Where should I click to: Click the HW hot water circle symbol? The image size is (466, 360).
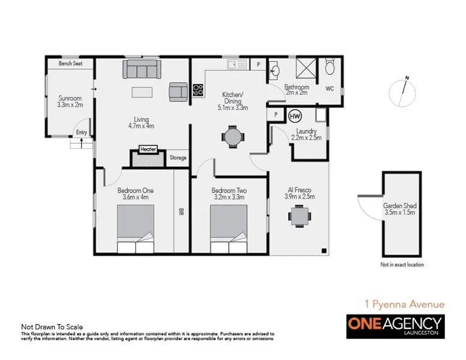point(295,115)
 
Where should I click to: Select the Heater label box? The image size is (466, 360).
point(148,149)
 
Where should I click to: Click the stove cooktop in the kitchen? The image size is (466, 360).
point(198,90)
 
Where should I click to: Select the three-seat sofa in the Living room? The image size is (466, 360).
point(143,70)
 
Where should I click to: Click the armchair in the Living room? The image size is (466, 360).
point(178,91)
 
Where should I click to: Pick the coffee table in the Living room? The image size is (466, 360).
point(143,92)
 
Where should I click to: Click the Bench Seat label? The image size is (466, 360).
point(70,64)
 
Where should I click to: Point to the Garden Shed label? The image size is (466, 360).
point(399,208)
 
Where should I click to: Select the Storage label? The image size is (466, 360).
point(178,158)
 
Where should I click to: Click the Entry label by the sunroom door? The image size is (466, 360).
point(81,133)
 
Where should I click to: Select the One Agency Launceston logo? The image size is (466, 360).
point(395,325)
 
